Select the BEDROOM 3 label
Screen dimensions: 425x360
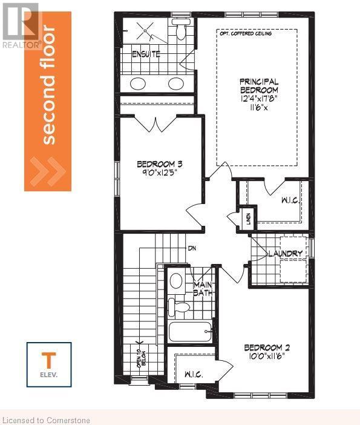point(159,164)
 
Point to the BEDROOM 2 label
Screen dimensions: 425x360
point(267,348)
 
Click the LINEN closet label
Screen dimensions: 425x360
point(247,219)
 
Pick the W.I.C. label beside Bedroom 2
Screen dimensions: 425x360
point(192,375)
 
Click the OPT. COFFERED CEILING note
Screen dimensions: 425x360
point(246,34)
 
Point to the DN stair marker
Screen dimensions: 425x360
point(192,248)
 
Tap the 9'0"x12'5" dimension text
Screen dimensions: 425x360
point(160,173)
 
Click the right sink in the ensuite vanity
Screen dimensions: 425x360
point(176,84)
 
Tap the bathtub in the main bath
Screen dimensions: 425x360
point(190,332)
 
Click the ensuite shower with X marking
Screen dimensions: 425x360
point(146,30)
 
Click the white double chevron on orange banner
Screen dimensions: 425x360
point(48,171)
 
